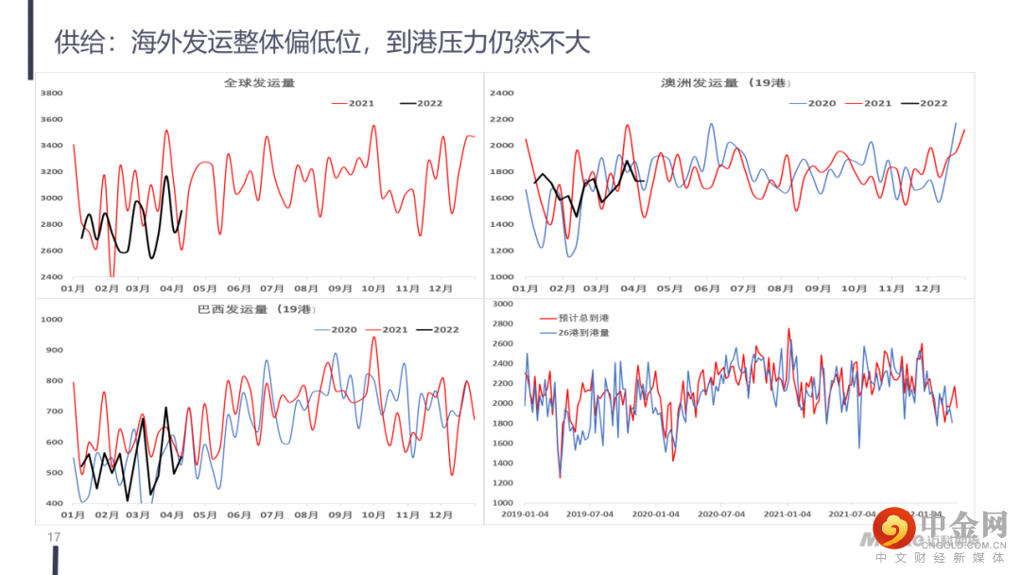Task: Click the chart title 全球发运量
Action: pos(259,83)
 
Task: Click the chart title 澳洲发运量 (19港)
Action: pos(724,83)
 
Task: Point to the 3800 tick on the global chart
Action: pos(52,93)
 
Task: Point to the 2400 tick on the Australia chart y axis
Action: pos(501,93)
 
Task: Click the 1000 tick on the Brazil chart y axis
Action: pos(52,320)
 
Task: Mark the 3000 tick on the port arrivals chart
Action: pos(501,305)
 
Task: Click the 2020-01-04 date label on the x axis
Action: pos(655,514)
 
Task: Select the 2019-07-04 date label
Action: pos(590,514)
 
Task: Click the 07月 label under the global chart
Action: pos(272,288)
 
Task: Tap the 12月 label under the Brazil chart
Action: pos(441,515)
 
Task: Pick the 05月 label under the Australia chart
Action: pos(669,288)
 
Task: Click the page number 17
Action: pos(54,538)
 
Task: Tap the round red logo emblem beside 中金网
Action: pos(892,528)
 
